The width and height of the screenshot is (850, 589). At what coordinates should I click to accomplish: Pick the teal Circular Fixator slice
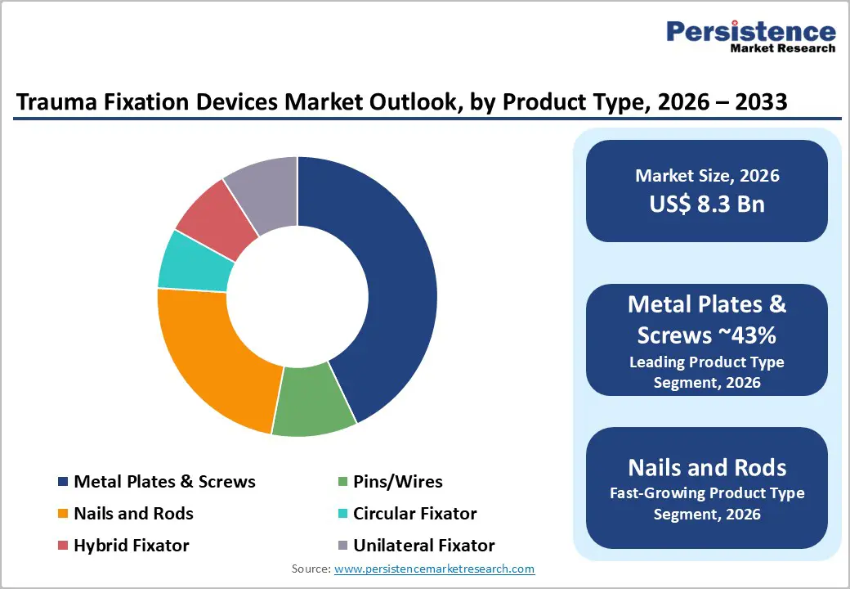tap(190, 262)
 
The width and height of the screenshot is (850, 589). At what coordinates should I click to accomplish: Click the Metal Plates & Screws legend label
tap(164, 482)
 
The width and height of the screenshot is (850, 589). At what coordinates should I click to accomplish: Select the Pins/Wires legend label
tap(397, 482)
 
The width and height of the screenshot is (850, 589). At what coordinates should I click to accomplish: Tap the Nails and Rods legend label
tap(133, 514)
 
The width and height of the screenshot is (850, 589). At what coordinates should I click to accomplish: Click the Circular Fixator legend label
tap(414, 514)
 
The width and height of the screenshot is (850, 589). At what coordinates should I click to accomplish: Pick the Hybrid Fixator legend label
tap(131, 545)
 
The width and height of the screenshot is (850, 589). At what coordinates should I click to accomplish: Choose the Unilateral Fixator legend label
tap(423, 545)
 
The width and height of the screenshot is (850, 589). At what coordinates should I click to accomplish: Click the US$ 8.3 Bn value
tap(707, 204)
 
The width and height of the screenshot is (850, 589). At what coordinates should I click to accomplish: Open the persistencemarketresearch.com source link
tap(435, 569)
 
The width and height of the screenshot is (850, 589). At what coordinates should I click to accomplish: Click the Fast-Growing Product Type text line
tap(707, 493)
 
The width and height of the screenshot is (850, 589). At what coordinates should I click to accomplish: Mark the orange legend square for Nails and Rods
tap(63, 515)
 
